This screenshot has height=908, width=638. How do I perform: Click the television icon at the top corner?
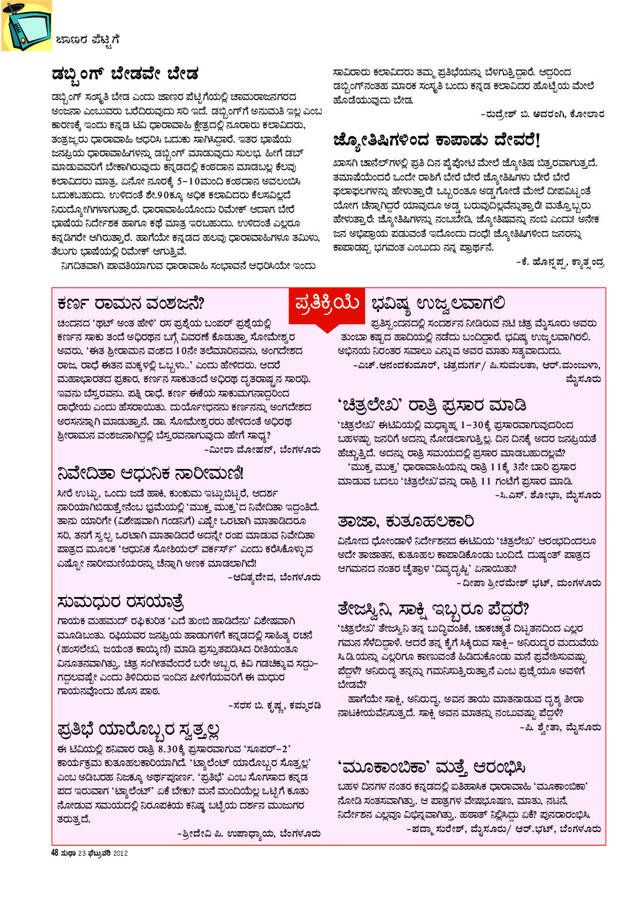coord(25,26)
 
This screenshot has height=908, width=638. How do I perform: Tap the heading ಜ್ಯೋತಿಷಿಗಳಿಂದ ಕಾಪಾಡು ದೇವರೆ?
coord(437,140)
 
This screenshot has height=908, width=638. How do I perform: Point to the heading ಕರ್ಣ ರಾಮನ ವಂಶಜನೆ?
coord(131,303)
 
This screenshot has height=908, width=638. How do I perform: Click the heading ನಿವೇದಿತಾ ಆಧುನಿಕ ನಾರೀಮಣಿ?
coord(151,473)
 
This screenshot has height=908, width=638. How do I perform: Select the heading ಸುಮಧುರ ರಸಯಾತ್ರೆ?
coord(121,602)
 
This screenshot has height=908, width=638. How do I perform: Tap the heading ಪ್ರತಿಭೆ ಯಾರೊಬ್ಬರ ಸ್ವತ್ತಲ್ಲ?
coord(139,730)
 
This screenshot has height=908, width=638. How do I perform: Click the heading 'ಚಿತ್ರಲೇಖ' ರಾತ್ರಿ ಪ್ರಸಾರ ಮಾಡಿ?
coord(432,405)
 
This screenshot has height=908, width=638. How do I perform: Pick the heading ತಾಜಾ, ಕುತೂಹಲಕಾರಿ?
coord(406,521)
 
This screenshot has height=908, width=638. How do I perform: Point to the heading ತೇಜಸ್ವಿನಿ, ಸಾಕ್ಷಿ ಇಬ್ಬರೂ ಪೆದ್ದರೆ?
coord(433,609)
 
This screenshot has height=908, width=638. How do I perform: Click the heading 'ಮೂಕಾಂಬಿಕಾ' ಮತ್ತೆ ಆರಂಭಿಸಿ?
coord(432,767)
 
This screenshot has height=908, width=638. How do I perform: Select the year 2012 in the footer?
coord(120,853)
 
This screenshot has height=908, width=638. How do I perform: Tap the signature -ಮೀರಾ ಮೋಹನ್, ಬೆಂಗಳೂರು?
coord(262,450)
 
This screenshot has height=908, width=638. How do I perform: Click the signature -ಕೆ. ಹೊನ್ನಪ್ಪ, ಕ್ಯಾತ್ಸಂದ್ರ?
coord(560,262)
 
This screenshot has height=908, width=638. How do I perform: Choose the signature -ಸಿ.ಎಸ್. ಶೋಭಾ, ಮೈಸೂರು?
coord(548,494)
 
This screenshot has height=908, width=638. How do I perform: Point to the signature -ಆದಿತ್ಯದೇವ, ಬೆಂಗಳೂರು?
coord(274,577)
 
